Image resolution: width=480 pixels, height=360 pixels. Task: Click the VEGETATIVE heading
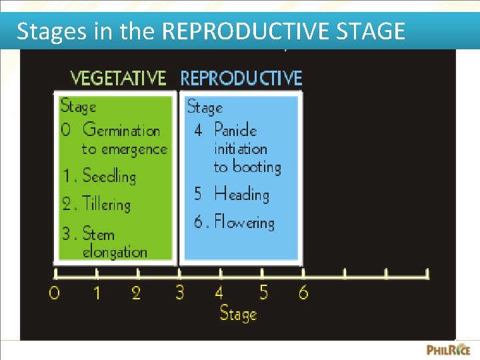click(118, 79)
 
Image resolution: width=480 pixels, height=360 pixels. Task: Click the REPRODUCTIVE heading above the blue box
click(241, 79)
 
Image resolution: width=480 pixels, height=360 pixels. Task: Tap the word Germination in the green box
click(121, 130)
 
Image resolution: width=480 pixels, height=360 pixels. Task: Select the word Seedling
click(109, 177)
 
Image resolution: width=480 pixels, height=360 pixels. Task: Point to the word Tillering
click(106, 205)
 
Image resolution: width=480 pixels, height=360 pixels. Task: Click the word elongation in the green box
click(114, 252)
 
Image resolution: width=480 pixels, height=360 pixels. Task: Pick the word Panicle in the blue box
click(235, 129)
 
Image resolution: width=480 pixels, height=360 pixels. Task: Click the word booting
click(256, 167)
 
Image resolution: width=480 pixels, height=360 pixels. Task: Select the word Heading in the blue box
click(241, 195)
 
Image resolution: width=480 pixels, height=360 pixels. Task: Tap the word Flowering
click(244, 223)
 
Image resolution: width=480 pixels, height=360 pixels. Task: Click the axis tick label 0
click(54, 293)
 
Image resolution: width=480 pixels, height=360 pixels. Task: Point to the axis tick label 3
click(179, 293)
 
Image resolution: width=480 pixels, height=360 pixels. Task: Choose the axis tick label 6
click(303, 293)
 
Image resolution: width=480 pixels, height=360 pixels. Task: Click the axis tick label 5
click(263, 293)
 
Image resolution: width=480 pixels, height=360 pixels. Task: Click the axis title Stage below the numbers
click(238, 313)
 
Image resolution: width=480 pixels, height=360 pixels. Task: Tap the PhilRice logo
click(448, 349)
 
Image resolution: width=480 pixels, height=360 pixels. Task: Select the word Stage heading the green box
click(78, 106)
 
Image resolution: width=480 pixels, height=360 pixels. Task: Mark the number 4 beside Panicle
click(198, 131)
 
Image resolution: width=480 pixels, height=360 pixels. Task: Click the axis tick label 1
click(97, 293)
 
